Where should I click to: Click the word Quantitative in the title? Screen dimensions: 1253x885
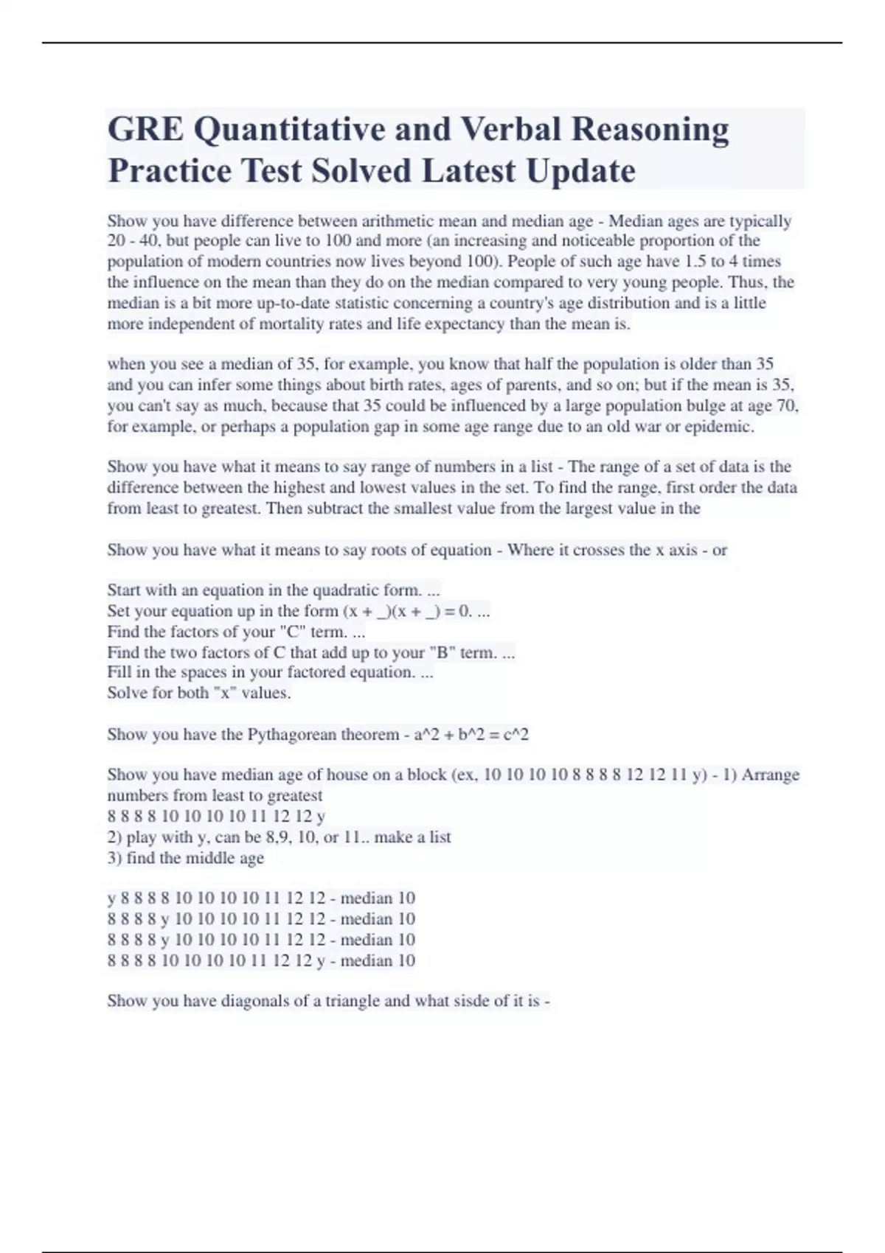[x=288, y=130]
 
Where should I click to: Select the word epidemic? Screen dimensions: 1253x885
[x=719, y=427]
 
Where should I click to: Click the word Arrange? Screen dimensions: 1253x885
[x=771, y=775]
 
